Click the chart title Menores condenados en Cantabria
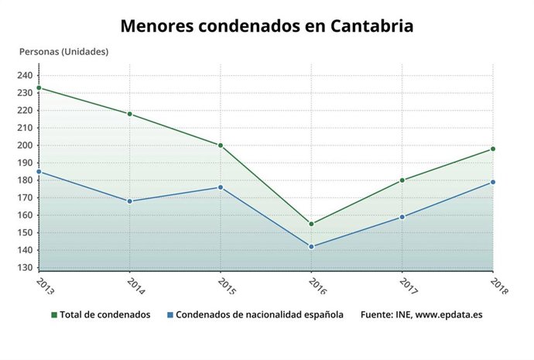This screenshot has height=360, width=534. point(266,26)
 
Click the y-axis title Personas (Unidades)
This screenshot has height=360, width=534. point(63,52)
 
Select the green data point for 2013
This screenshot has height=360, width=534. point(39,87)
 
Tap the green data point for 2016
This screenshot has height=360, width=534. point(311,224)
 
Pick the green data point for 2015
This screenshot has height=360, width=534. point(221,146)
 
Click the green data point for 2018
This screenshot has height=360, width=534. point(493,149)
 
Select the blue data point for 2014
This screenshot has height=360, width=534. point(129,201)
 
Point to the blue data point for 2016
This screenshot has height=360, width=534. point(311,247)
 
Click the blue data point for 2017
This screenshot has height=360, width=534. point(402,217)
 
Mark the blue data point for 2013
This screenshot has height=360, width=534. point(39,172)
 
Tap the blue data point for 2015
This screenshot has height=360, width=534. point(221,187)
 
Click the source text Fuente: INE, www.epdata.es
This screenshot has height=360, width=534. point(421,315)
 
